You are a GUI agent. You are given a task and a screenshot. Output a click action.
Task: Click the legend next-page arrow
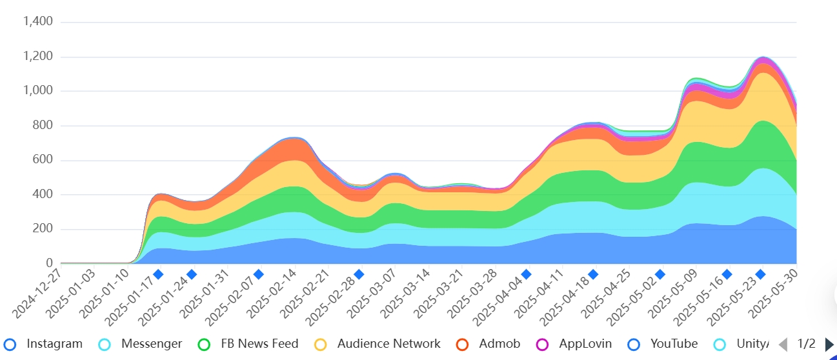(x=829, y=345)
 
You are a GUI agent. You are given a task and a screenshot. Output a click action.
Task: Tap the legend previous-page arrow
(x=783, y=345)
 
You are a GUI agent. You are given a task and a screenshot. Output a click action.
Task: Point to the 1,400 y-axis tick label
(x=37, y=22)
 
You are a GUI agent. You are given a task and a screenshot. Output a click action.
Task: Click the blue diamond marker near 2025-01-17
(x=158, y=274)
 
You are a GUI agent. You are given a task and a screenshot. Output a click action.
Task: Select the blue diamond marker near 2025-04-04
(x=526, y=274)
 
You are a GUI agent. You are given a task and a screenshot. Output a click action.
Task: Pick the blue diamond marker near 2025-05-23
(x=760, y=274)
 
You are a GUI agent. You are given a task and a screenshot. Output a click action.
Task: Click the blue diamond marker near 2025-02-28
(x=359, y=274)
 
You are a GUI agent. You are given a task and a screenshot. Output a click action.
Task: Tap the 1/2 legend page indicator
(x=807, y=344)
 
